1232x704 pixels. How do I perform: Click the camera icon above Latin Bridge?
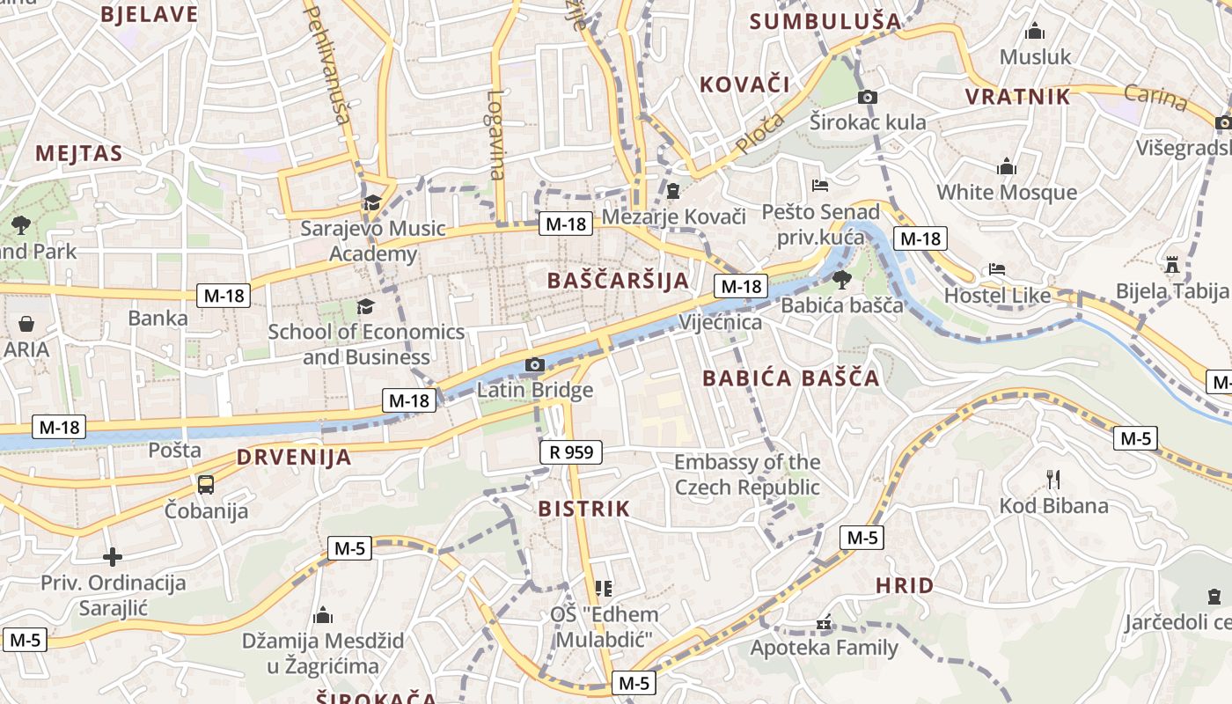534,364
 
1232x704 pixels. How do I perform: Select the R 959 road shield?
570,452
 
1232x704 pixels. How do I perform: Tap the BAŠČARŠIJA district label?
618,281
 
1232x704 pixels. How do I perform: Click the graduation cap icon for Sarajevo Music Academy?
372,202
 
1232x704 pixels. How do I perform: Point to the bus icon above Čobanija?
206,484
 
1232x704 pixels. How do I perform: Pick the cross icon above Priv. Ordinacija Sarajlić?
113,557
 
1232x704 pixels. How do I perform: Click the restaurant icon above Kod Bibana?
1053,479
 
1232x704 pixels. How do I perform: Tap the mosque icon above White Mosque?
1007,166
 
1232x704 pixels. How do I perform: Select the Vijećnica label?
720,322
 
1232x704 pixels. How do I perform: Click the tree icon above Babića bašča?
841,280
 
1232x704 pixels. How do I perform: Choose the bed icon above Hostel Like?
997,269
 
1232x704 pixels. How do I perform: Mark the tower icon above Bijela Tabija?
1172,264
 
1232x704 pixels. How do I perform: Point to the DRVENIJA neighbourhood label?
294,458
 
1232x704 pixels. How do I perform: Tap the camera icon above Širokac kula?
868,97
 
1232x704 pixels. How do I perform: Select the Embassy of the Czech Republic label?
747,474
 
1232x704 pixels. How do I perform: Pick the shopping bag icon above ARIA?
26,324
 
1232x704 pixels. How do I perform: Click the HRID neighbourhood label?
905,585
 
